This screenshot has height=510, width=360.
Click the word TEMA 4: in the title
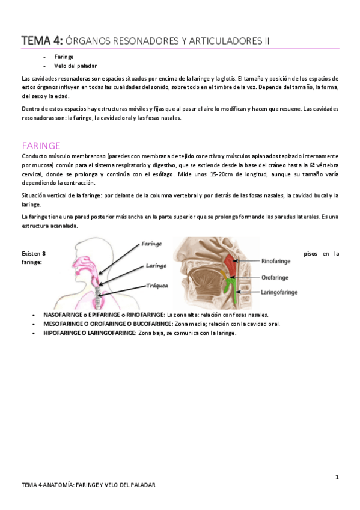(x=41, y=41)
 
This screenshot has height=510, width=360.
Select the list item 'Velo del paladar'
(x=75, y=66)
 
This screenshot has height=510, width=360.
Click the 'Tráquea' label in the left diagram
(x=156, y=286)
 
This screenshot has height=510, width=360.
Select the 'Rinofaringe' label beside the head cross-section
(x=281, y=262)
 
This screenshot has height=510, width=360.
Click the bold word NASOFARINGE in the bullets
(x=63, y=315)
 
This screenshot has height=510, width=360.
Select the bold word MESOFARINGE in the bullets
(x=63, y=324)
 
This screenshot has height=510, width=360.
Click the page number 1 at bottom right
(x=337, y=478)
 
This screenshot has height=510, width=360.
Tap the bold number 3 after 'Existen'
(x=44, y=254)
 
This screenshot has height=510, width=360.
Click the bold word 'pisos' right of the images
(x=311, y=254)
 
